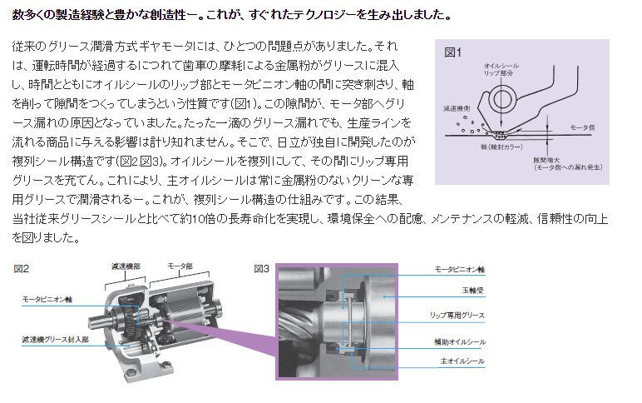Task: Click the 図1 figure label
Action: pyautogui.click(x=453, y=52)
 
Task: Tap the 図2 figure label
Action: pyautogui.click(x=22, y=269)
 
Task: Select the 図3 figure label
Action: pyautogui.click(x=261, y=269)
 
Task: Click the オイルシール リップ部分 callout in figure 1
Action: pyautogui.click(x=501, y=69)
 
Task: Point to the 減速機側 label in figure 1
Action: pyautogui.click(x=457, y=108)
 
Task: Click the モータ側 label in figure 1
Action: pyautogui.click(x=582, y=127)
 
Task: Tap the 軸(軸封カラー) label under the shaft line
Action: pyautogui.click(x=501, y=147)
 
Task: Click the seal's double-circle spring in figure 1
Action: pyautogui.click(x=501, y=99)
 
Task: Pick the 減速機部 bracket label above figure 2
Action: pyautogui.click(x=126, y=266)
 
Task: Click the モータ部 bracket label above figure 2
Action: pyautogui.click(x=180, y=266)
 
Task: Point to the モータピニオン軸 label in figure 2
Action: pyautogui.click(x=47, y=299)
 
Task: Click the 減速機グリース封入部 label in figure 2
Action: pyautogui.click(x=55, y=340)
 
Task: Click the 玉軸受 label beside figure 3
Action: pyautogui.click(x=473, y=291)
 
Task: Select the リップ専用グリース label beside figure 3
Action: pyautogui.click(x=457, y=316)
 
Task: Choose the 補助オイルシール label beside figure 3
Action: pyautogui.click(x=460, y=341)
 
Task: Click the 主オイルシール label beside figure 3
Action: pyautogui.click(x=462, y=361)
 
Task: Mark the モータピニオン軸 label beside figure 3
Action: pyautogui.click(x=459, y=269)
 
